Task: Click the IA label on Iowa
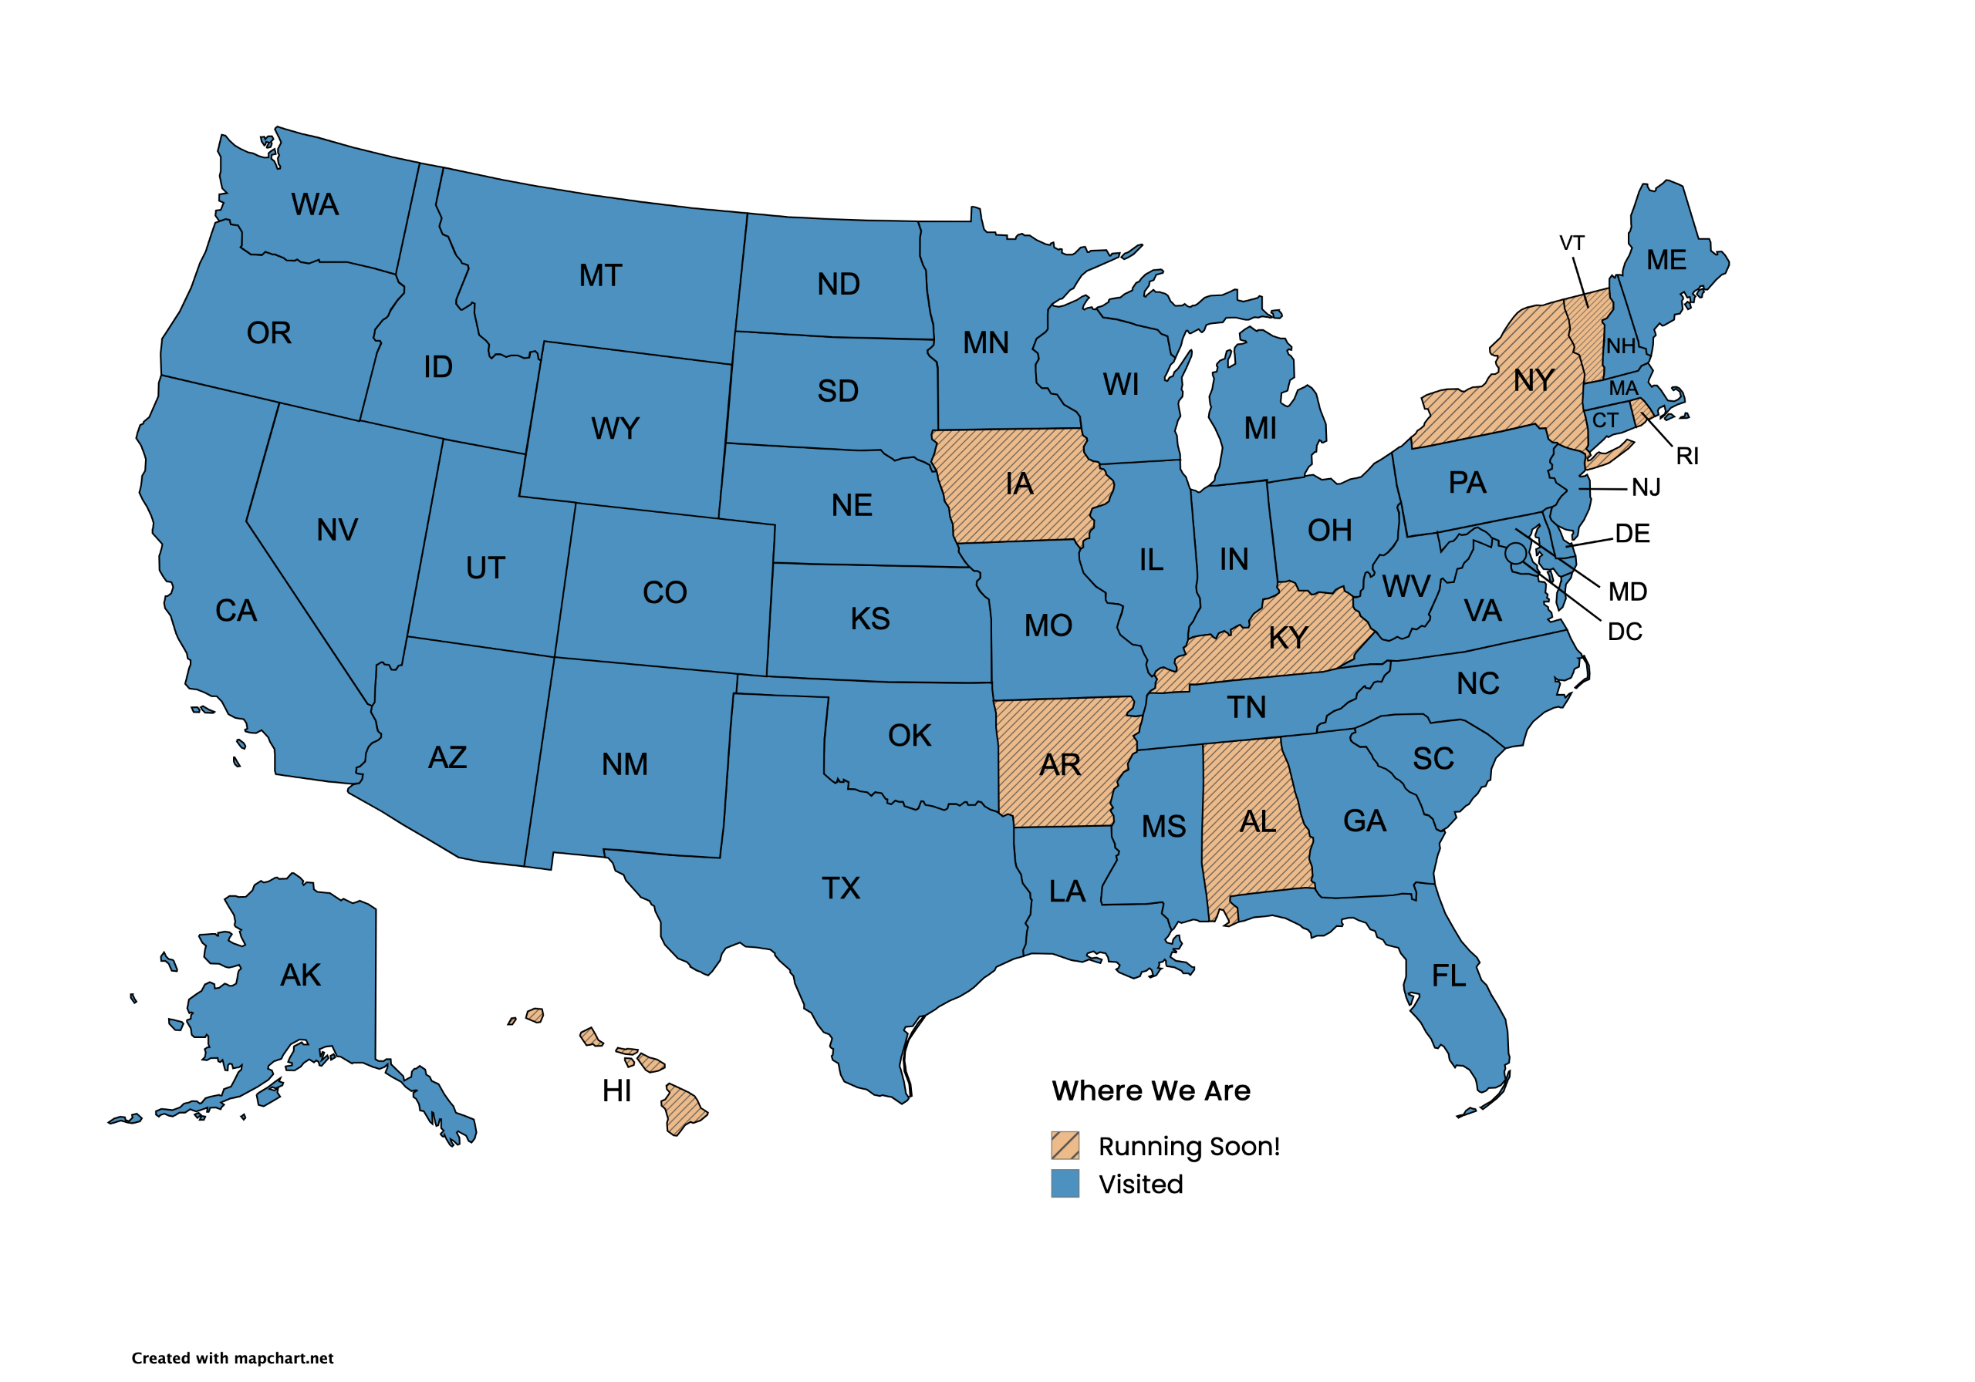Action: (x=1019, y=484)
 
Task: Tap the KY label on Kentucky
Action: (x=1288, y=638)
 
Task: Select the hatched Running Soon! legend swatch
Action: (x=1065, y=1145)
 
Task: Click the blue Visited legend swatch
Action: (x=1065, y=1183)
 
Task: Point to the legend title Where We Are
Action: (x=1151, y=1090)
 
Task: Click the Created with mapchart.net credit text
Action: (x=232, y=1358)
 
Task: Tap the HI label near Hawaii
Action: (x=616, y=1091)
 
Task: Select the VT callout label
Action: (x=1572, y=244)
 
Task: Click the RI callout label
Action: (x=1686, y=457)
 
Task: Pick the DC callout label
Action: (x=1625, y=632)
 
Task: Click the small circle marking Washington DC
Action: (x=1516, y=553)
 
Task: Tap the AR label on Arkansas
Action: (x=1060, y=765)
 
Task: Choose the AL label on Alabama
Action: (x=1258, y=822)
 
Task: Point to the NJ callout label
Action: (x=1646, y=488)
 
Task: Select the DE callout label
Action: (x=1632, y=534)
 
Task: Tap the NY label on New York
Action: (x=1534, y=380)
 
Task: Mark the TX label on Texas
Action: (x=840, y=888)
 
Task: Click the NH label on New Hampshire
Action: (x=1621, y=346)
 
